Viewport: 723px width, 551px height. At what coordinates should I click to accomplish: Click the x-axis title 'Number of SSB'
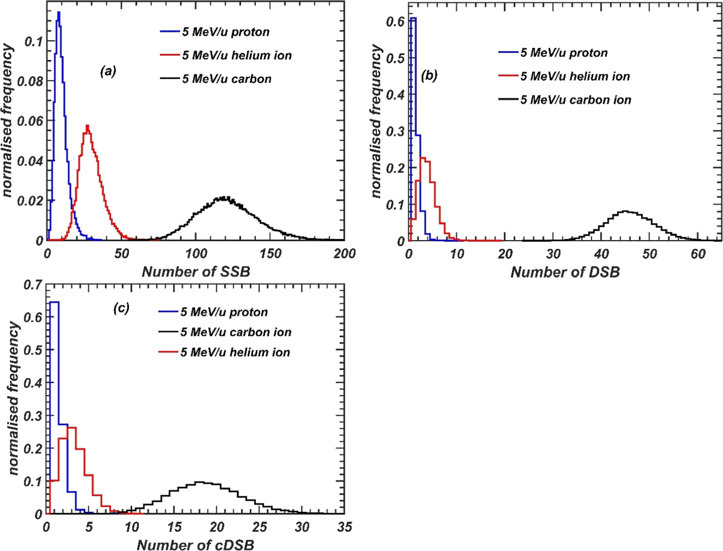click(196, 272)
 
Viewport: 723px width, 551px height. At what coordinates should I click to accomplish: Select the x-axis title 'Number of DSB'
click(565, 272)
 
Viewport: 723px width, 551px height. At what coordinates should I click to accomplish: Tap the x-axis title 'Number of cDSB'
click(195, 545)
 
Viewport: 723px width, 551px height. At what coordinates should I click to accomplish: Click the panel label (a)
click(108, 72)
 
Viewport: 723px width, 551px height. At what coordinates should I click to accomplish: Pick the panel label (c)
click(121, 308)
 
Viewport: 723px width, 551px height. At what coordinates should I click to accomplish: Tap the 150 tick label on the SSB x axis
click(270, 253)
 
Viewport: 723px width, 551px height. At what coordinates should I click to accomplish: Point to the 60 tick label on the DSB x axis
click(698, 254)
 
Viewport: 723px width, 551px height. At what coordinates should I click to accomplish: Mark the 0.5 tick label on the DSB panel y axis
click(395, 58)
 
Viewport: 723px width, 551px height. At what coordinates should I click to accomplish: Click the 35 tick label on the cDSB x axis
click(344, 527)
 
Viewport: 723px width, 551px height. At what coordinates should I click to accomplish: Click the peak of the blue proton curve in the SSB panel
click(59, 13)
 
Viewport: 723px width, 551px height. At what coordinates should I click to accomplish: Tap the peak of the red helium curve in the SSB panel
click(87, 125)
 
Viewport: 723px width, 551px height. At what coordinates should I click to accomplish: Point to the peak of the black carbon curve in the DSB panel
click(625, 211)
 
